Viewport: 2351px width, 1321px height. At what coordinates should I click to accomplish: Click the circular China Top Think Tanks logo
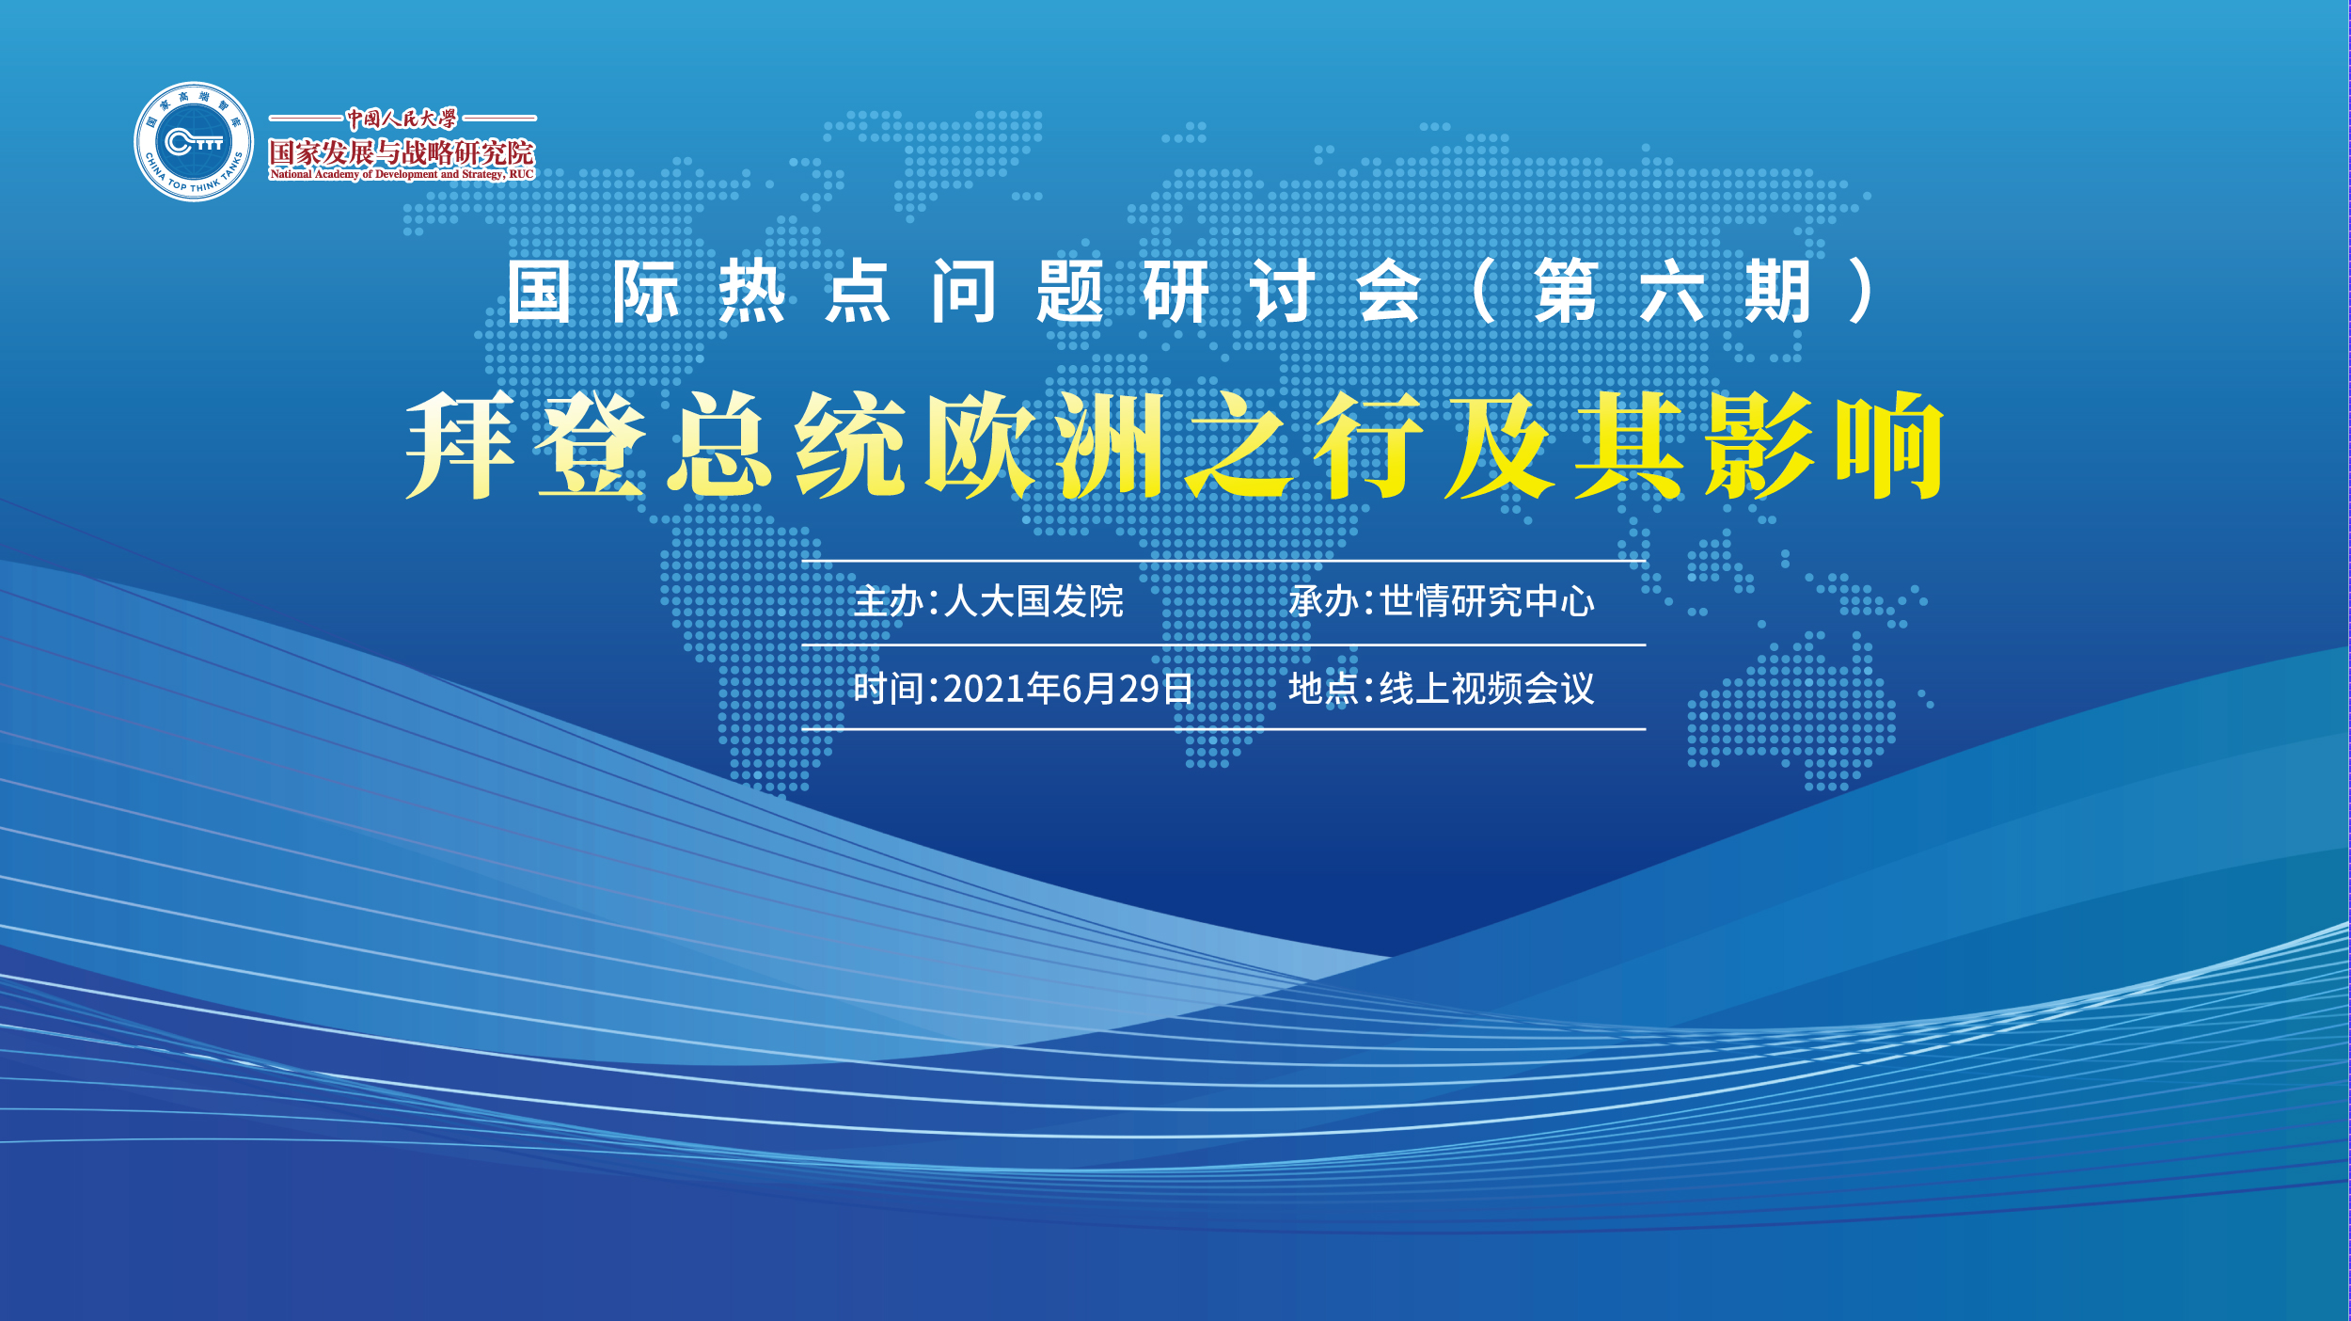(194, 141)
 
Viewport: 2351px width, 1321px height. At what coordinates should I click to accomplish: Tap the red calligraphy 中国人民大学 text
(402, 119)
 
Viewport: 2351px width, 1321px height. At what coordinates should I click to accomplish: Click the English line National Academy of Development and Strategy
(402, 175)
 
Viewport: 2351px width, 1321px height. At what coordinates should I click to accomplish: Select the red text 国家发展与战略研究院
(402, 152)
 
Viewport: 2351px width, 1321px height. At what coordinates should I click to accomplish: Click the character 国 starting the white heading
(539, 293)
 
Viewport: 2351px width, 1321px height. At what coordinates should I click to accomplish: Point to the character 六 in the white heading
(1671, 293)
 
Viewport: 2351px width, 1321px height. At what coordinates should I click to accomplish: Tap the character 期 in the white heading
(1777, 293)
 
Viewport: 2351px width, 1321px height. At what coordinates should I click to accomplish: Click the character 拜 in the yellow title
(461, 444)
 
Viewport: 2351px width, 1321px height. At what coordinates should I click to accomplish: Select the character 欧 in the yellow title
(982, 444)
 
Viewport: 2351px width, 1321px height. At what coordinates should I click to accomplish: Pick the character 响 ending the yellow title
(1890, 444)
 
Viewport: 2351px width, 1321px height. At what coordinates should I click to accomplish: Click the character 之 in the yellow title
(1240, 444)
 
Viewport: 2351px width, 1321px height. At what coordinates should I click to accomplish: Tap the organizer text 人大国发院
(1033, 601)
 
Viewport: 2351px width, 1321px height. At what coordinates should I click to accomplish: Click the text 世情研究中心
(1487, 601)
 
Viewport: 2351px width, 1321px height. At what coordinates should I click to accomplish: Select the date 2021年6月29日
(1067, 689)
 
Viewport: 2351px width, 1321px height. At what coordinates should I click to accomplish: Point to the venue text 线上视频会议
(1487, 689)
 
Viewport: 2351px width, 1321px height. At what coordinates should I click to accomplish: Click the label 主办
(887, 601)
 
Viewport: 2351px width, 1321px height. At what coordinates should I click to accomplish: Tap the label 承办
(1323, 601)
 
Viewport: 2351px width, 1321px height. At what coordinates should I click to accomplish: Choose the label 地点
(1323, 689)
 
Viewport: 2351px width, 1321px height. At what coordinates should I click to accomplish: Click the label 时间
(887, 689)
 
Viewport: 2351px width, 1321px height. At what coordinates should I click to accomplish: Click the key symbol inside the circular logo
(194, 143)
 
